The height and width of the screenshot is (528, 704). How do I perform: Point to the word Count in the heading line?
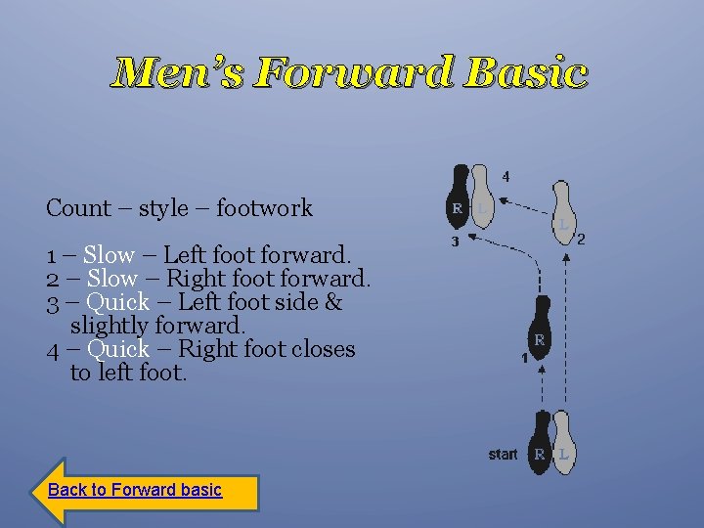[x=78, y=208]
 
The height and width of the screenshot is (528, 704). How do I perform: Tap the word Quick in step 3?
[x=117, y=302]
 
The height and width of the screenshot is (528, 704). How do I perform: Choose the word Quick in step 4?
[x=118, y=349]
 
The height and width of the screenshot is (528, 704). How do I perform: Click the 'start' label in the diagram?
[x=503, y=455]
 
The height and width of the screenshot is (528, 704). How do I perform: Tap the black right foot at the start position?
[x=539, y=442]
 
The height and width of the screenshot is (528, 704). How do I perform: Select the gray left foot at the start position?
[x=563, y=442]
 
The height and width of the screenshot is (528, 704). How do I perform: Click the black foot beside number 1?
[x=539, y=330]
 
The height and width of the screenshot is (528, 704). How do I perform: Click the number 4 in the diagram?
[x=506, y=177]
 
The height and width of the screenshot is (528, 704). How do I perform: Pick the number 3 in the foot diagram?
[x=455, y=242]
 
